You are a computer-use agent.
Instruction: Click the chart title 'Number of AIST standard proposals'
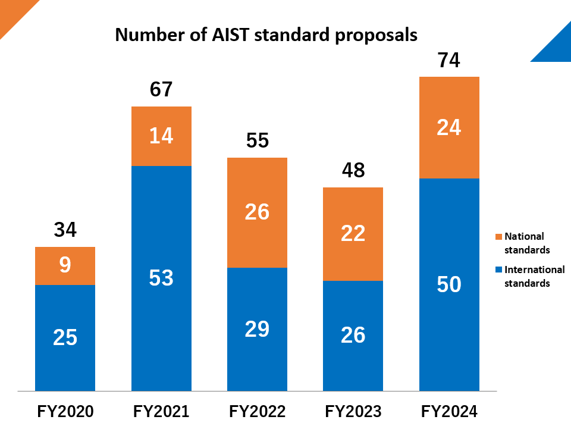coord(266,35)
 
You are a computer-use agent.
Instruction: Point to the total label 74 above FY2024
coord(449,61)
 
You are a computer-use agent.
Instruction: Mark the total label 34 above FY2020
coord(65,230)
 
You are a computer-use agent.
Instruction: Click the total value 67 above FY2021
coord(161,89)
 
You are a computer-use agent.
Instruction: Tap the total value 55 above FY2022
coord(257,141)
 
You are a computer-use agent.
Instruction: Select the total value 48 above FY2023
coord(353,171)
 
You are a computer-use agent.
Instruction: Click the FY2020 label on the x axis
coord(65,411)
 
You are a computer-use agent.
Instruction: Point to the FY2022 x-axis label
coord(257,411)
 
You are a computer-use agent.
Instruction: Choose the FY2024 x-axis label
coord(449,411)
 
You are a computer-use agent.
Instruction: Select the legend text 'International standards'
coord(534,277)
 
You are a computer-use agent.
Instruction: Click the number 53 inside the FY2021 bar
coord(161,278)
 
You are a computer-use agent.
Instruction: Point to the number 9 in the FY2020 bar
coord(65,265)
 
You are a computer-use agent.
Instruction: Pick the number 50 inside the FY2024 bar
coord(449,284)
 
